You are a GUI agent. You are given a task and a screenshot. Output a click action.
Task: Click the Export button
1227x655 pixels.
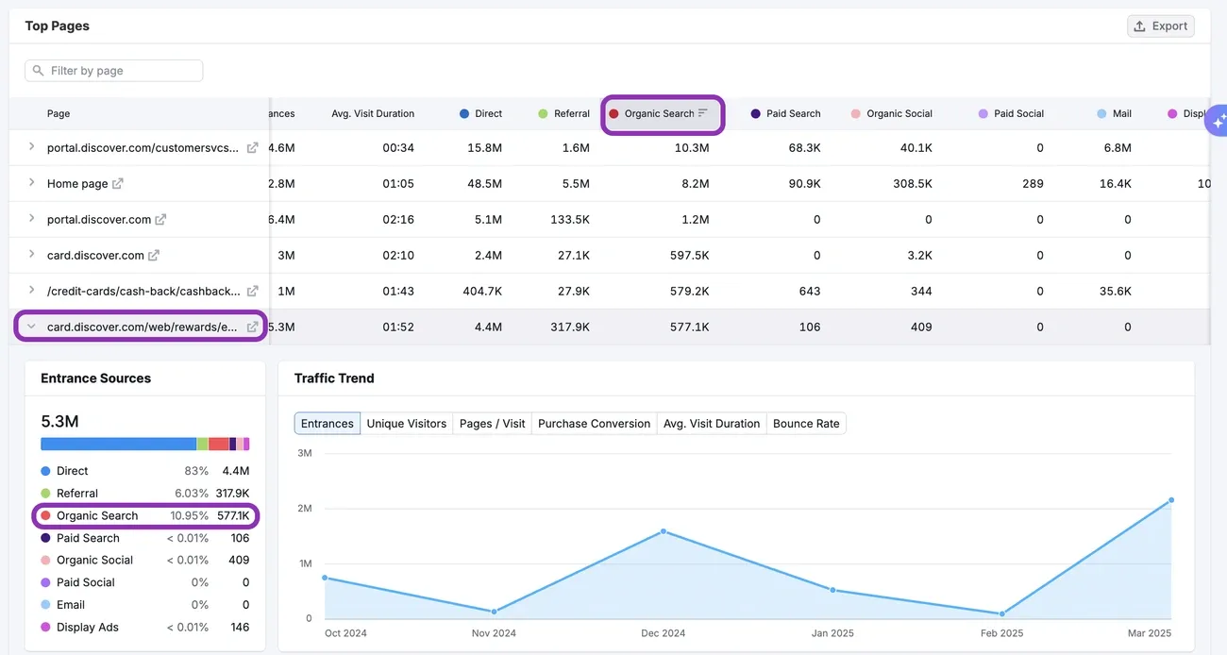[1160, 26]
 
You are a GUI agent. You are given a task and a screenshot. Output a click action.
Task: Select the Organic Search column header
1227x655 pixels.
[660, 113]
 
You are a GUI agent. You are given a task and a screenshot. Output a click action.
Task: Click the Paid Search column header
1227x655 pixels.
[792, 113]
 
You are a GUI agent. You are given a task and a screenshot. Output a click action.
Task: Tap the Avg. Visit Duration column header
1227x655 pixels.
[373, 113]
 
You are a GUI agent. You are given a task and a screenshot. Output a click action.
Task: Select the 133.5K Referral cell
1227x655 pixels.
[569, 220]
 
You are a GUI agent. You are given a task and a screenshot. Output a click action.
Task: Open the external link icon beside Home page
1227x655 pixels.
[118, 184]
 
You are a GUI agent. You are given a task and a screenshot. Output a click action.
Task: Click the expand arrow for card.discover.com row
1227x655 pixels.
[31, 255]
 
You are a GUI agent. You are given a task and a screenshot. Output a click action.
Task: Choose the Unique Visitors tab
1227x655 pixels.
[406, 424]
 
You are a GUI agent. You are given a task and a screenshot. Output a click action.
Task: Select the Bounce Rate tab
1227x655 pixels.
[805, 424]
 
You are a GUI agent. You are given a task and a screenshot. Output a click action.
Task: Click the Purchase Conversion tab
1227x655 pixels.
[594, 424]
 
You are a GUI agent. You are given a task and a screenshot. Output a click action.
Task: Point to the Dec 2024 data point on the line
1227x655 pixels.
[664, 531]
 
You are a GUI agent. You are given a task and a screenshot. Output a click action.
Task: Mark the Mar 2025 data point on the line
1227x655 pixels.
[1171, 500]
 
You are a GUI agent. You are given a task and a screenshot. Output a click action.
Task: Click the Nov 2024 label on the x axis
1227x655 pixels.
[494, 633]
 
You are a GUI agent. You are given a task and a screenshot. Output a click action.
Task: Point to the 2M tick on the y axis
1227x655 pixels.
[304, 509]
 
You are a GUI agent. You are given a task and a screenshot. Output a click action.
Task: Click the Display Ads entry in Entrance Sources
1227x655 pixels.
[88, 628]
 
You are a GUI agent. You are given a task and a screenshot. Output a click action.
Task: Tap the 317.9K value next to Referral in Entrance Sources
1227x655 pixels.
[232, 494]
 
